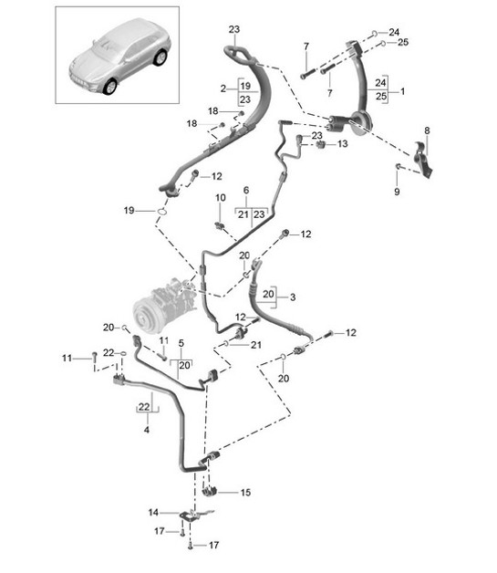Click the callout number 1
pyautogui.click(x=402, y=91)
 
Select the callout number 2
pyautogui.click(x=223, y=89)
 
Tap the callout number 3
pyautogui.click(x=293, y=297)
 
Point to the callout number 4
pyautogui.click(x=147, y=430)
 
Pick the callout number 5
pyautogui.click(x=181, y=343)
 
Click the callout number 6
pyautogui.click(x=246, y=190)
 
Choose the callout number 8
pyautogui.click(x=427, y=130)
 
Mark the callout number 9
pyautogui.click(x=397, y=192)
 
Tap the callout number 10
pyautogui.click(x=220, y=198)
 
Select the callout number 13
pyautogui.click(x=343, y=144)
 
